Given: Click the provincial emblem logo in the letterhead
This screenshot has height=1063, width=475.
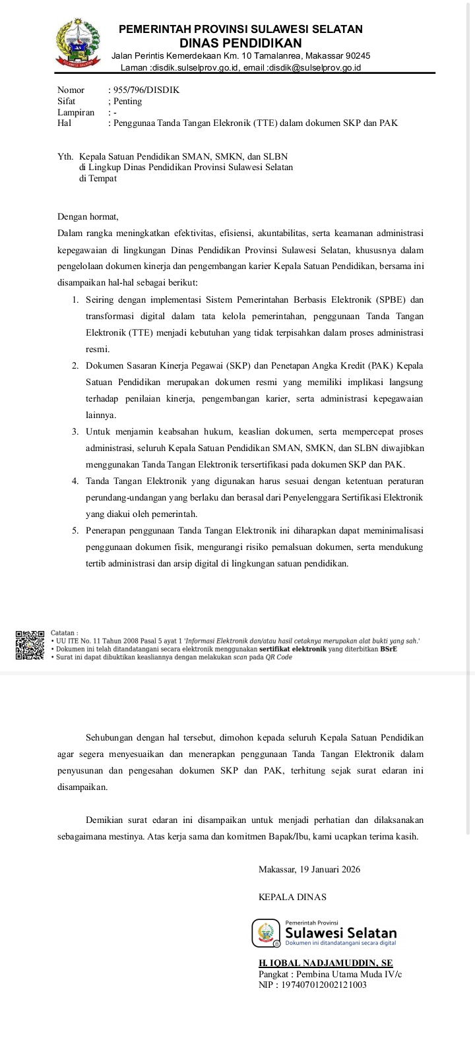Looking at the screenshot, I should point(78,44).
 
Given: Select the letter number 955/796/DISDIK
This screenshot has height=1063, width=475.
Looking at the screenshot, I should point(146,90).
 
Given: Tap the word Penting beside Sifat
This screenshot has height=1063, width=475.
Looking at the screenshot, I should point(127,102).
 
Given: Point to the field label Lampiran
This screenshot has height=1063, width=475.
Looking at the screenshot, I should point(75,112).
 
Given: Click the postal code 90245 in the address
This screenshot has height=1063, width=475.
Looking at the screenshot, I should point(358,56).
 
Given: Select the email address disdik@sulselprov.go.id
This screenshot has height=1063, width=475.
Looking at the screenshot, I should point(317,67).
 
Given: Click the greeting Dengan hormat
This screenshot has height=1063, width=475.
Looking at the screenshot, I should point(88,216).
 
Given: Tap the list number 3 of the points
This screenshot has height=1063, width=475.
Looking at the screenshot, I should point(75,431).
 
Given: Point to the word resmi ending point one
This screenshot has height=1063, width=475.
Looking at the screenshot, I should point(98,349).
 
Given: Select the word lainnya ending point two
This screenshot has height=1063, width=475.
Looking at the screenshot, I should point(100,415).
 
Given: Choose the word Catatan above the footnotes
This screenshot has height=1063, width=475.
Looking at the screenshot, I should point(64,632).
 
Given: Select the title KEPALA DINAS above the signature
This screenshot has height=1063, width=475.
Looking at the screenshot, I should point(292,897).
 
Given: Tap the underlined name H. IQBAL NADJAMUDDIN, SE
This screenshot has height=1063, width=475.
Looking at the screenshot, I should point(325,963).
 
